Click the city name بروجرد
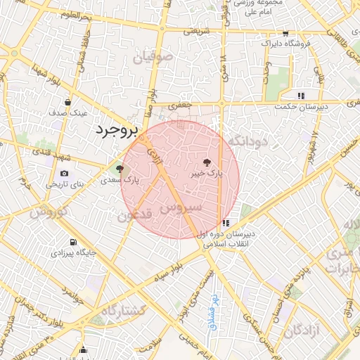coord(117,131)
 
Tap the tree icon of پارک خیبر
coord(206,162)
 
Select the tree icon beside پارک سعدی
coord(120,169)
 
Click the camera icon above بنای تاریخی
coord(65,174)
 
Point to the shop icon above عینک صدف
coord(67,102)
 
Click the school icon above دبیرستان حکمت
coord(301,96)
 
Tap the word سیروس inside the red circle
coord(181,208)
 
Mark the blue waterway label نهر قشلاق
coord(213,312)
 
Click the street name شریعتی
coord(197,31)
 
